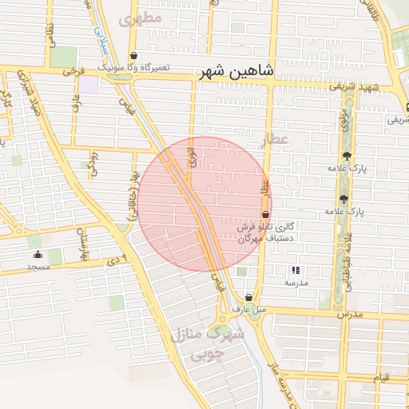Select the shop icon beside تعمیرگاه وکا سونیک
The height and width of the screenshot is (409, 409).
[133, 55]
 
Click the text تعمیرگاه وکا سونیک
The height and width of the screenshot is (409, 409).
[135, 68]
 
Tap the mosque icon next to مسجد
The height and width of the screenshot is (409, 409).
[37, 255]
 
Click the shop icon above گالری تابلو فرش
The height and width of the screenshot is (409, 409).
[265, 214]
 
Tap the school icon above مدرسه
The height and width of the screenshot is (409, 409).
[296, 270]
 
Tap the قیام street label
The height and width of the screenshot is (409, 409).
[382, 376]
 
